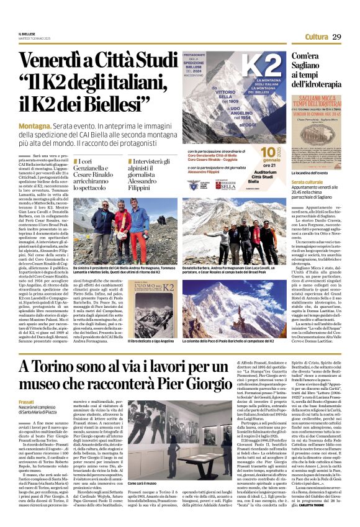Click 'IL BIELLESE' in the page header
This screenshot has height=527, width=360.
coord(27,34)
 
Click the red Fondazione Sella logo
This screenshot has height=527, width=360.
coord(227,184)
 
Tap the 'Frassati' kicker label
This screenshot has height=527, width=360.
coord(27,402)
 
